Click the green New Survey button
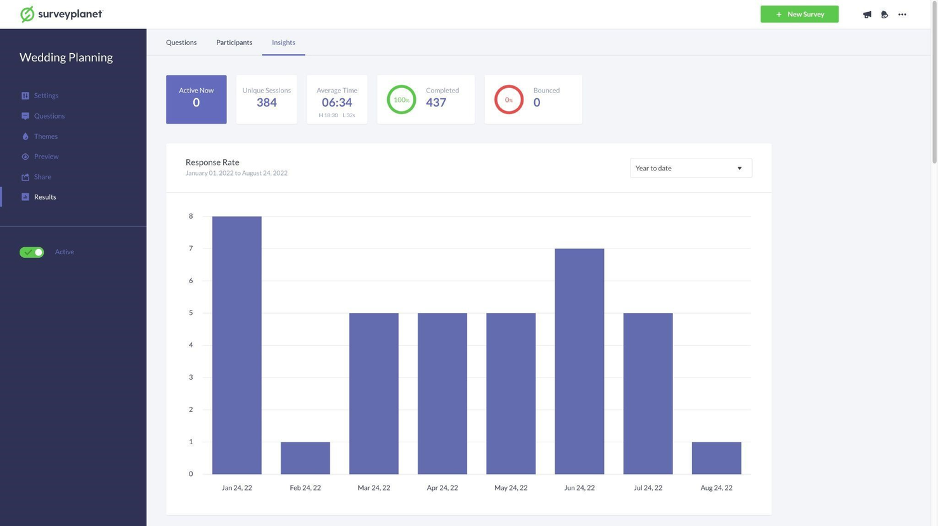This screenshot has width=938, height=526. [x=799, y=14]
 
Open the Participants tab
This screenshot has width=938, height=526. [x=234, y=42]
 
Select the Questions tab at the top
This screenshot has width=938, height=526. [x=181, y=42]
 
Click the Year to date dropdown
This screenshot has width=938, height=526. [x=690, y=168]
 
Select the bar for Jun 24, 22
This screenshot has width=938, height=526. [x=579, y=361]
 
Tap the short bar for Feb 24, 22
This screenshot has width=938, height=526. [x=305, y=458]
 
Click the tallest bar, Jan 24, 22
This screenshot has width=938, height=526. [x=236, y=345]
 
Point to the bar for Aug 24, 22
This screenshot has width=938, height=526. [x=716, y=458]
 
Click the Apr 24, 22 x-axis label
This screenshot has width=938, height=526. [x=442, y=487]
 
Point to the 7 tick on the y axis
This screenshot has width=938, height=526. [x=191, y=248]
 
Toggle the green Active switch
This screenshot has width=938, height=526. [x=32, y=252]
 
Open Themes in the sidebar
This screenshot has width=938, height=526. [x=46, y=136]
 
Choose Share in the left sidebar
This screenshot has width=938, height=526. [x=42, y=177]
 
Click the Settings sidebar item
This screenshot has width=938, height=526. [x=46, y=96]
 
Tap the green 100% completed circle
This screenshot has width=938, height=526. [x=401, y=99]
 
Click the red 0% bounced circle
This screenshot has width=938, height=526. [x=508, y=99]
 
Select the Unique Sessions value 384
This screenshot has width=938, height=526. [x=266, y=103]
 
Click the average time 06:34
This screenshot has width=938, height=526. [x=337, y=103]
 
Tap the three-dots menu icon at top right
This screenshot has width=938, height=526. [x=902, y=14]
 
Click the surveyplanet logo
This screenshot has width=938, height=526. [x=61, y=14]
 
